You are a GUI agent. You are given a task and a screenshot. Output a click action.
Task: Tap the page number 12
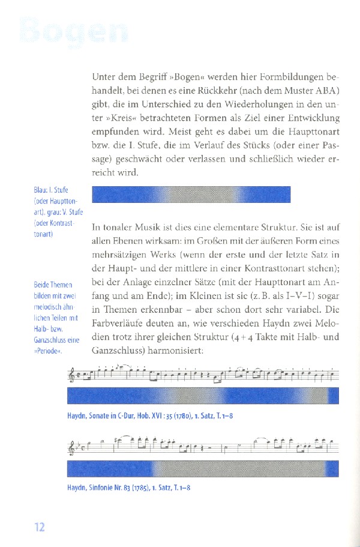pyautogui.click(x=40, y=527)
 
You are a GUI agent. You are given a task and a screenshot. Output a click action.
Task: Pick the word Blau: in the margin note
pyautogui.click(x=43, y=191)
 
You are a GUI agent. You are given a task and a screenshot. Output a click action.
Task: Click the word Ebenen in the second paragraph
pyautogui.click(x=139, y=241)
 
